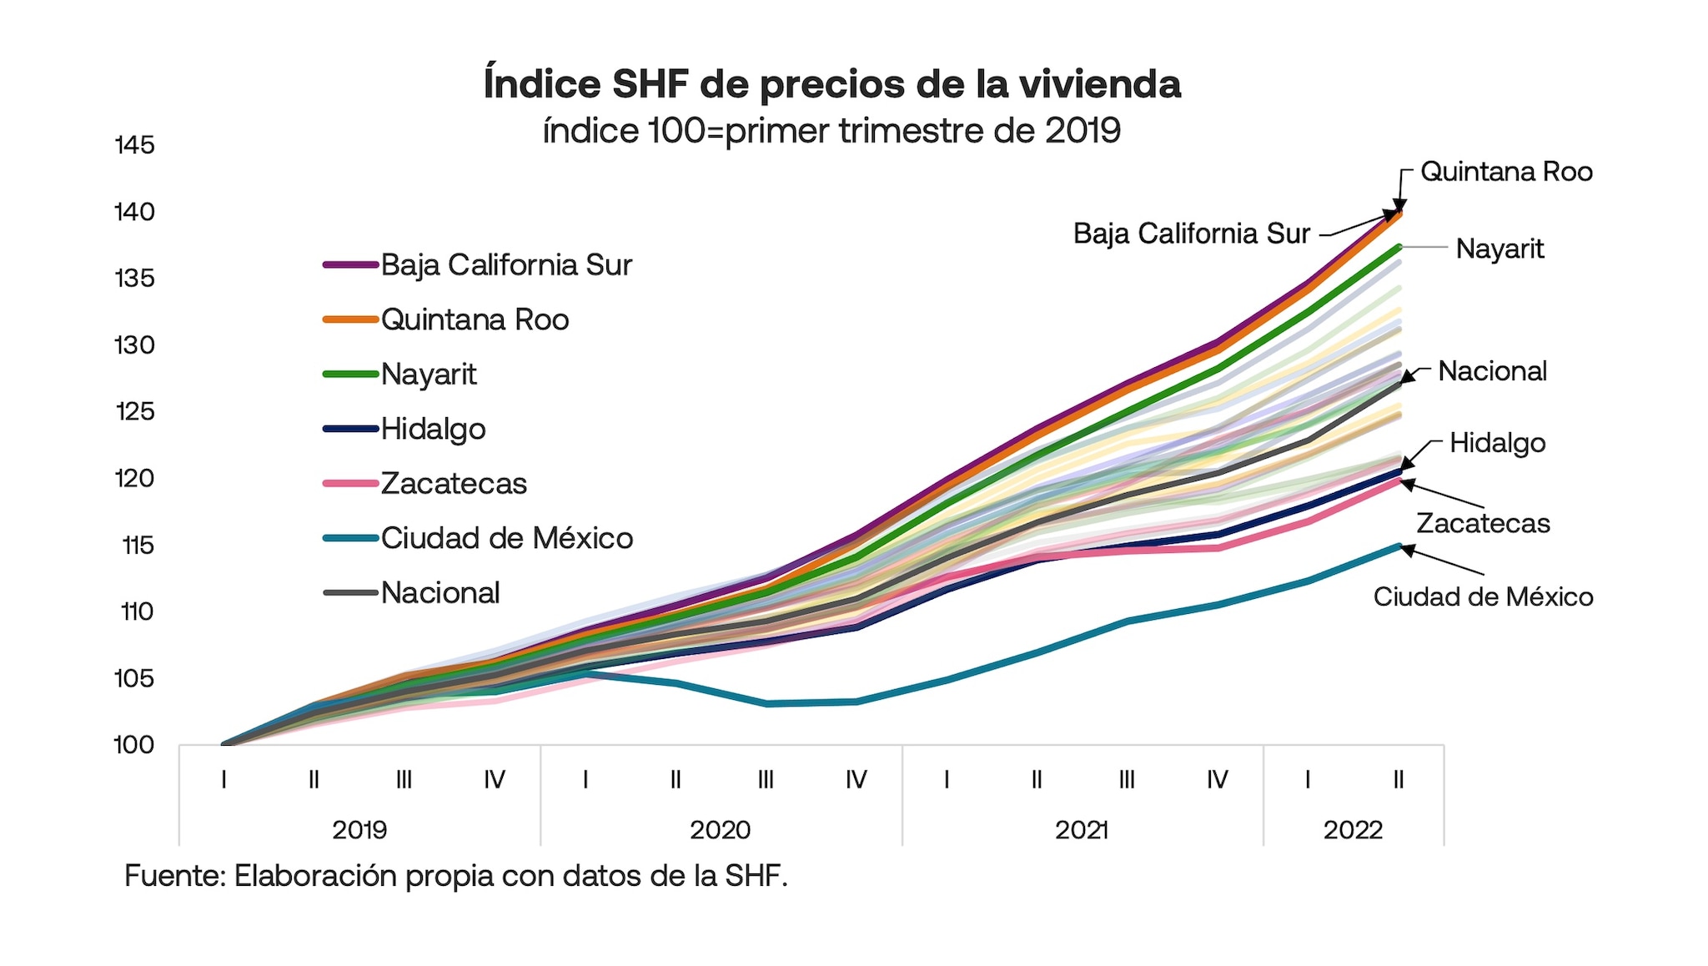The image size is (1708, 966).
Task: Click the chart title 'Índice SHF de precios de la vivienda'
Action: click(x=831, y=85)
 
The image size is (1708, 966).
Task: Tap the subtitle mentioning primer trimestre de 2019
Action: click(x=831, y=131)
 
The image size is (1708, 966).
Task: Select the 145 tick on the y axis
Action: click(x=135, y=145)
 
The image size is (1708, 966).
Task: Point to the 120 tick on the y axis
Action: click(x=135, y=478)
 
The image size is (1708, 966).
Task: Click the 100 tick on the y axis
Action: click(x=135, y=745)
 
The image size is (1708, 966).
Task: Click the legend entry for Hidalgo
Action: click(x=433, y=429)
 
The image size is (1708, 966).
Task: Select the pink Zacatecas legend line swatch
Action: click(x=350, y=484)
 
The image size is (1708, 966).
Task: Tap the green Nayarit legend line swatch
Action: click(x=350, y=375)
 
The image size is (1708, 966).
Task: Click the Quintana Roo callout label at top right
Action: click(x=1506, y=172)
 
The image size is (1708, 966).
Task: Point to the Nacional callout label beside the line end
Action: click(x=1492, y=371)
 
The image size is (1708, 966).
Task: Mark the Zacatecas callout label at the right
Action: click(x=1483, y=524)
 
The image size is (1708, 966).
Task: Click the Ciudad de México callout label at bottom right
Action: click(x=1483, y=596)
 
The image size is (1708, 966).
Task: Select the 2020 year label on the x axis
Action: click(x=720, y=830)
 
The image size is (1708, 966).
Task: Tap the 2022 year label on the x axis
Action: click(x=1353, y=830)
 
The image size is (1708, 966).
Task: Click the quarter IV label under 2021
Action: click(x=1217, y=780)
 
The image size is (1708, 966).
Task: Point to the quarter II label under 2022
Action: click(x=1399, y=780)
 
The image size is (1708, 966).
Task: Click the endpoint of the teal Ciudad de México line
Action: click(x=1399, y=546)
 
